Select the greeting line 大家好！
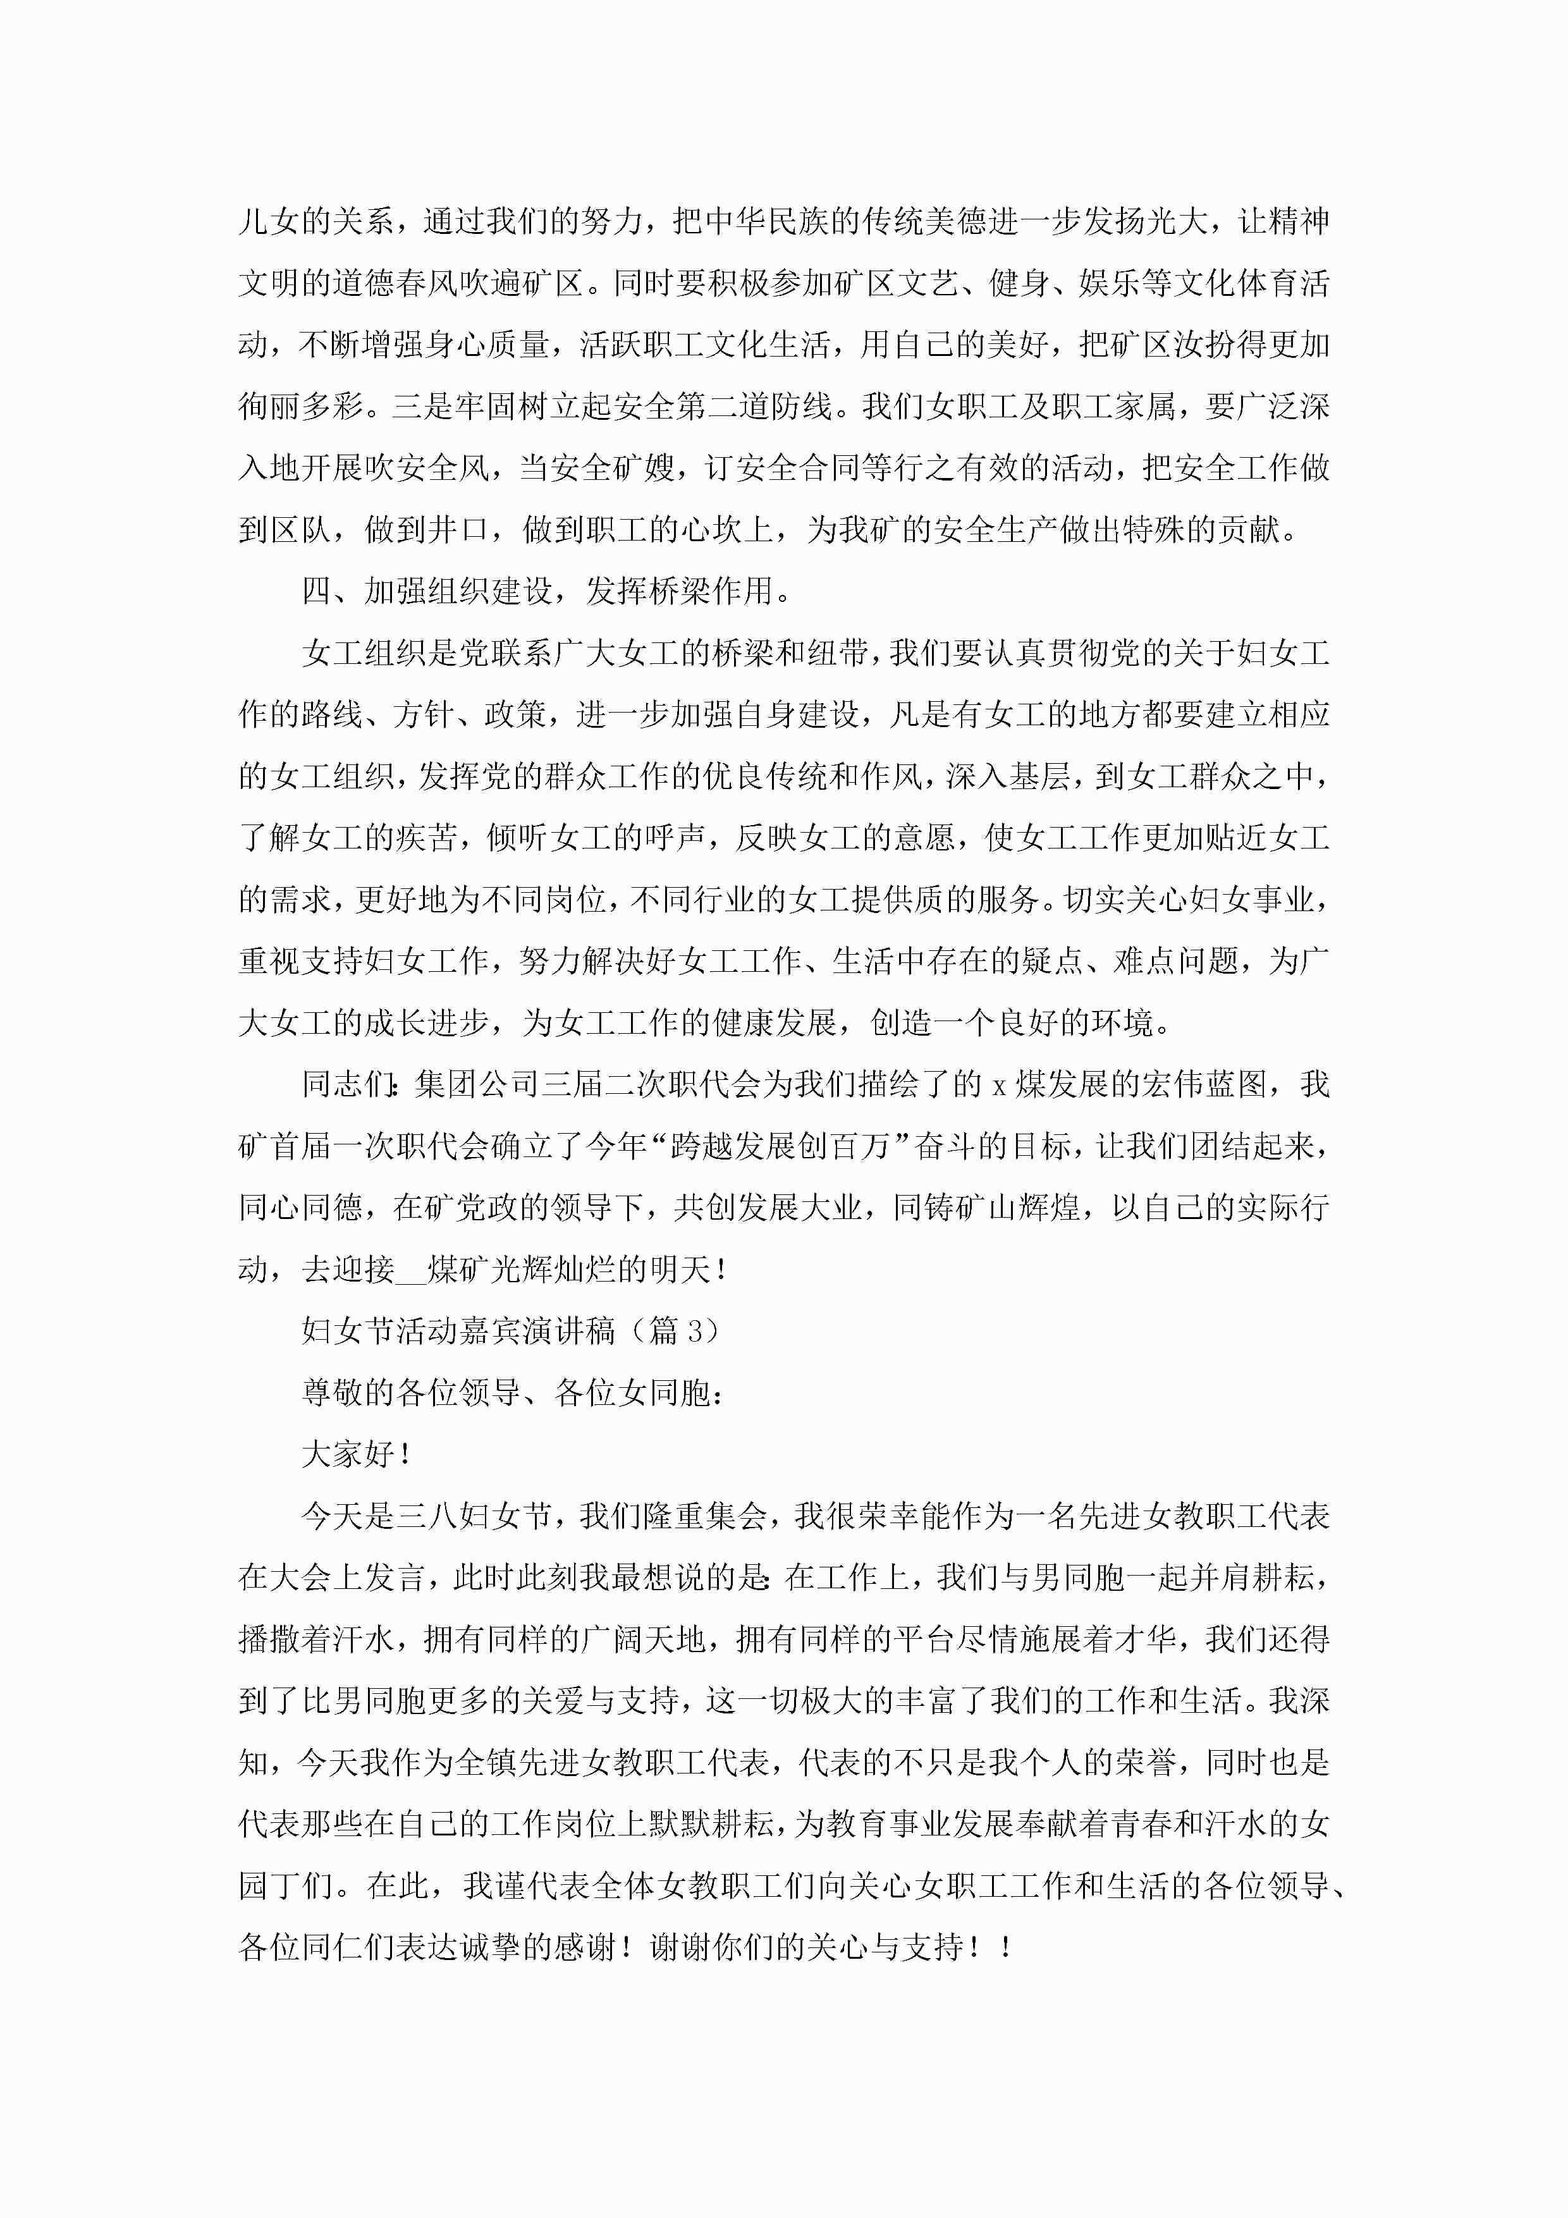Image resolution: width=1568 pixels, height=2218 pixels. click(357, 1455)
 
